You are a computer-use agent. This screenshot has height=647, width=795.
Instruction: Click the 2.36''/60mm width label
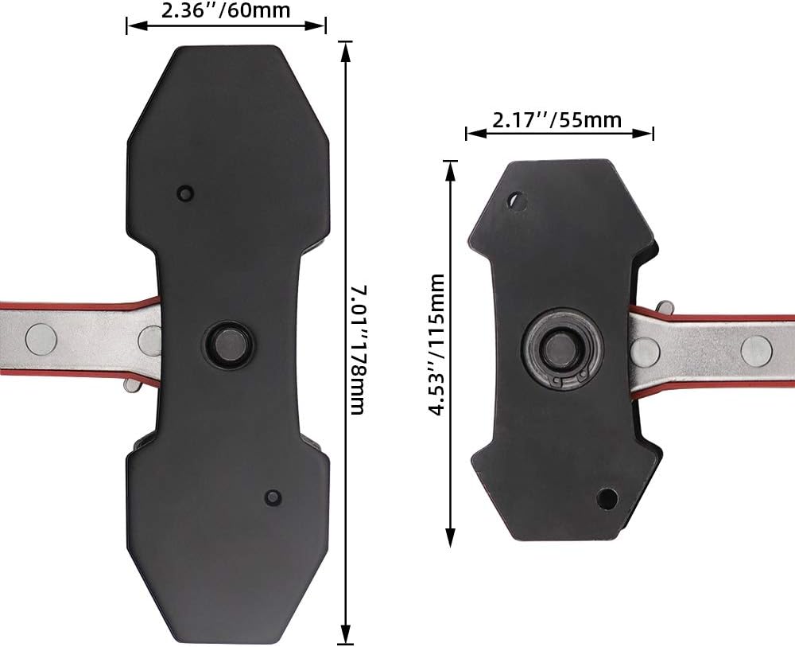[226, 10]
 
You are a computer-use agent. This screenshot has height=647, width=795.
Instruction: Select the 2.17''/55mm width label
[556, 120]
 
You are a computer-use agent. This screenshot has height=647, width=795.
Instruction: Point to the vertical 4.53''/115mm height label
[436, 344]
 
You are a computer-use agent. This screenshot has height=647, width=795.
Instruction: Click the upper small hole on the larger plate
[185, 193]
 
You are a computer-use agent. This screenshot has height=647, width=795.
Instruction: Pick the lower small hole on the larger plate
[273, 497]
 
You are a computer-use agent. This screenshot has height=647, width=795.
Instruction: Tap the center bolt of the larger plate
[227, 342]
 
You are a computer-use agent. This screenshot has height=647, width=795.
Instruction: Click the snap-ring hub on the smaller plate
[562, 350]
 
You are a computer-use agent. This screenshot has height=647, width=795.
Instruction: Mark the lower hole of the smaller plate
[607, 498]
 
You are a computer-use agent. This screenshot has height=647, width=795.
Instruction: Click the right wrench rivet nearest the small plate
[645, 350]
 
